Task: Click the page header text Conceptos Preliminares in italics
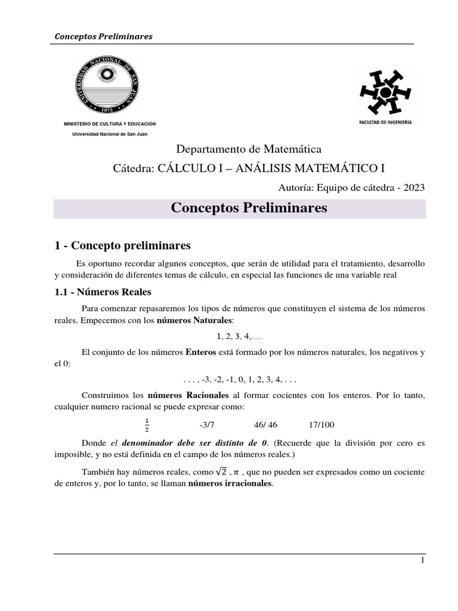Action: coord(103,36)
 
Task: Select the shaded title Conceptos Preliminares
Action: coord(249,208)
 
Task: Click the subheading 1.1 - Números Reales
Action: coord(103,292)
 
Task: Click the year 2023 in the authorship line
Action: coord(413,187)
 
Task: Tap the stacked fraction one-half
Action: coord(147,424)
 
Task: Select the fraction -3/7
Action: coord(206,425)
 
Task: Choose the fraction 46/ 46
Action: coord(265,425)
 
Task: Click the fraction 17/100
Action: coord(321,425)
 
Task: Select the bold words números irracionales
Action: coord(230,484)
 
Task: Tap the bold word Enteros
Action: coord(200,353)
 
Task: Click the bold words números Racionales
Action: coord(188,395)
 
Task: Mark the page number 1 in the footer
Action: coord(423,561)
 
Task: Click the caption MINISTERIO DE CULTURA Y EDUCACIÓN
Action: coord(110,124)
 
